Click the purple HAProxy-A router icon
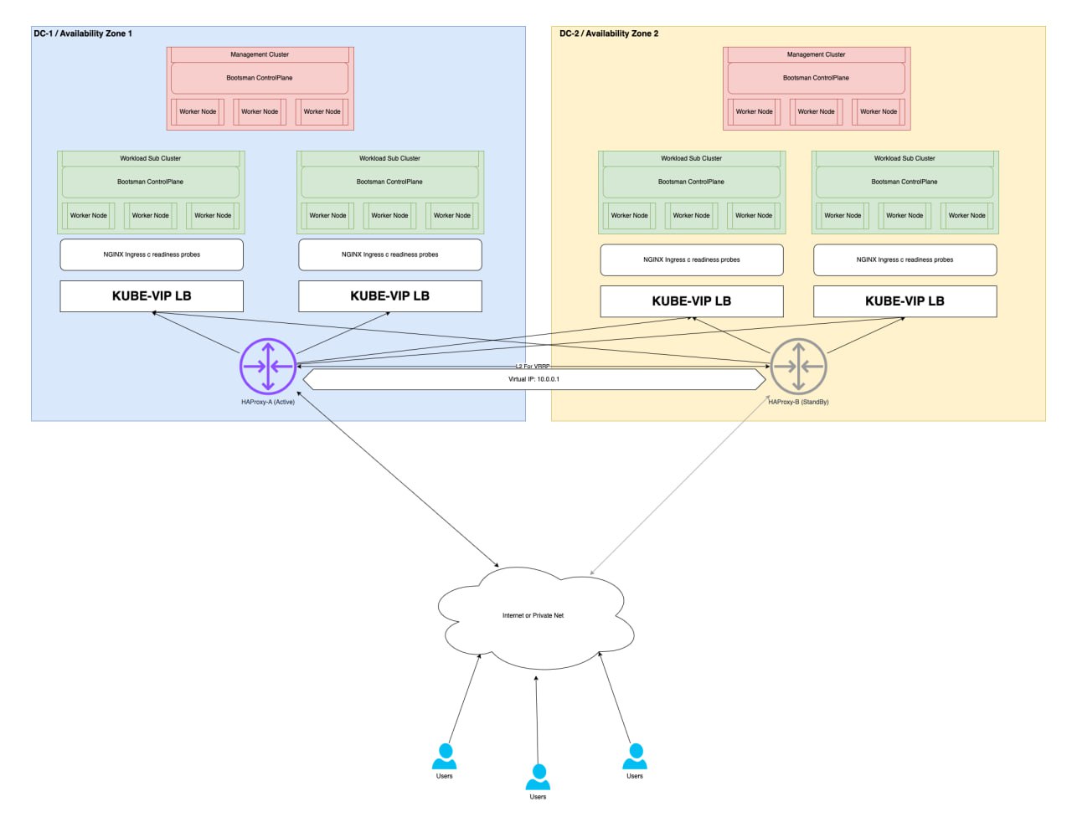(x=268, y=366)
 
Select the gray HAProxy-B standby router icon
(x=798, y=366)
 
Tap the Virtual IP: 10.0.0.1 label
(x=533, y=379)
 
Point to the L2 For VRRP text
(x=533, y=366)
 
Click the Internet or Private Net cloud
(x=533, y=616)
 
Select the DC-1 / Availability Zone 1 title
(x=83, y=33)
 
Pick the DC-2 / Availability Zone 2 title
(x=609, y=33)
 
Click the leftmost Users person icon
(x=444, y=757)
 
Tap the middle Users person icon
(x=538, y=777)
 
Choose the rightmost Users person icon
(x=635, y=757)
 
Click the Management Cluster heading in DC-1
(x=260, y=54)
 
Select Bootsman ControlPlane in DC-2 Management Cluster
(x=816, y=78)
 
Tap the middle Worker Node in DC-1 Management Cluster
(x=260, y=111)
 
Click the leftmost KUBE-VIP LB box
(x=152, y=296)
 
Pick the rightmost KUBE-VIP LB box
(x=904, y=301)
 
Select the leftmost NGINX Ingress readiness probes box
(x=152, y=254)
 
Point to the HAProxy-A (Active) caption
(x=268, y=402)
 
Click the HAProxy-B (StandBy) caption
(x=798, y=402)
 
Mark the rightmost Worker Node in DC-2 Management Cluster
(x=879, y=111)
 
